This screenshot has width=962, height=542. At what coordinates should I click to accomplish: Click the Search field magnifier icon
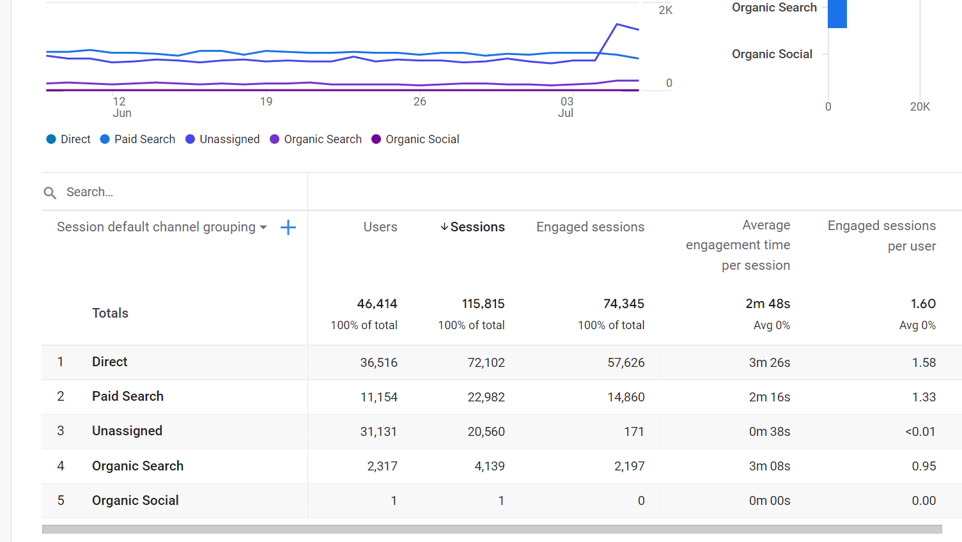click(x=50, y=192)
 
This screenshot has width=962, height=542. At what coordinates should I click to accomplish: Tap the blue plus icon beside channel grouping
click(x=288, y=228)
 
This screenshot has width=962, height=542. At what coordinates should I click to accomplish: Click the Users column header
click(x=380, y=227)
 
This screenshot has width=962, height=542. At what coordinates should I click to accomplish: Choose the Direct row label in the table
click(x=109, y=362)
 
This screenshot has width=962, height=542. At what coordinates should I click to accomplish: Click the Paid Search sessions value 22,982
click(x=486, y=397)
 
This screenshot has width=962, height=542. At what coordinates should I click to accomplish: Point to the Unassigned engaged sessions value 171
click(x=633, y=431)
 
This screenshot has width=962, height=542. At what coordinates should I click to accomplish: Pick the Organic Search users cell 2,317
click(x=382, y=466)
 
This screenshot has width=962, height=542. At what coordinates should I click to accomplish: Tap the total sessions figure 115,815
click(x=483, y=304)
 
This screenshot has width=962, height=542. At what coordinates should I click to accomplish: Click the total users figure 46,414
click(x=377, y=304)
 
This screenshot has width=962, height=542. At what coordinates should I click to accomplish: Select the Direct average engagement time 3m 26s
click(x=769, y=362)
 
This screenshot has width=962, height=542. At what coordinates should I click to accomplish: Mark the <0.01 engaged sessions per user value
click(x=920, y=431)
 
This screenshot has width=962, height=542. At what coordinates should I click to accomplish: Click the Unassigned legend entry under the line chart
click(x=222, y=139)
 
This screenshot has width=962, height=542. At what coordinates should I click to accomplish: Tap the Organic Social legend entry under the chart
click(x=415, y=139)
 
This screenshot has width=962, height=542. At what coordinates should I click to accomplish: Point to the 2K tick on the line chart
click(x=665, y=10)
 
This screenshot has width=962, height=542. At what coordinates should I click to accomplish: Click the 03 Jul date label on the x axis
click(x=566, y=107)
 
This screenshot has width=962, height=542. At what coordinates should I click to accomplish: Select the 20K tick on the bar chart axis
click(x=920, y=107)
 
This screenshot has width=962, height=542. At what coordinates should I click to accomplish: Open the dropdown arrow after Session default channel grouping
click(x=263, y=228)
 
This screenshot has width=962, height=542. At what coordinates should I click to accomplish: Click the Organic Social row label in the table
click(x=135, y=500)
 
